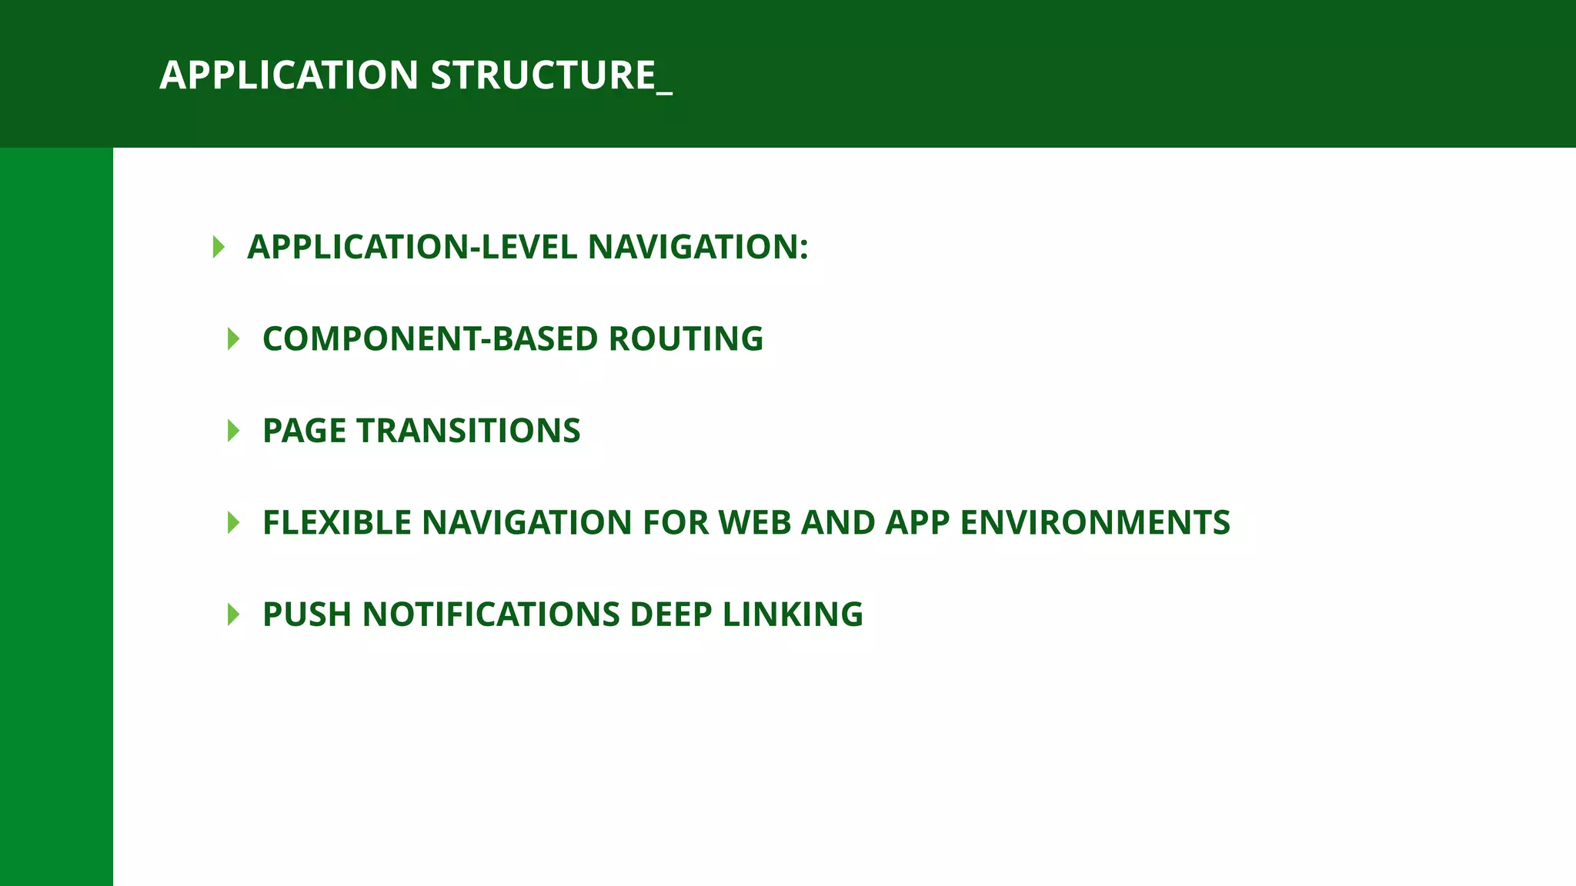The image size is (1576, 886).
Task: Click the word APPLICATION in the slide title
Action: [289, 75]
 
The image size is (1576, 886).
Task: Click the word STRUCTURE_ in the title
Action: [551, 75]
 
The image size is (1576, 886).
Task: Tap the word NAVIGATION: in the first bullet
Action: [698, 247]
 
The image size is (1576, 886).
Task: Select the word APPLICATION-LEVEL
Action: [412, 247]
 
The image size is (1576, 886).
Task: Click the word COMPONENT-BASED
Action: [430, 339]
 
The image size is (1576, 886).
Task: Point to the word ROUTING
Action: [686, 339]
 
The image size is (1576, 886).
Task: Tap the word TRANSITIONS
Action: [468, 431]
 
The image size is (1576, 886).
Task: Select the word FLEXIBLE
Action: [337, 523]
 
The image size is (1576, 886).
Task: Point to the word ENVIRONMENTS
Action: [1095, 523]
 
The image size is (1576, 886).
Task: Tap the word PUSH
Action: [307, 615]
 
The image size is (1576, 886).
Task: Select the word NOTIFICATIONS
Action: [491, 615]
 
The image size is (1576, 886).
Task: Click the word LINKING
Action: [793, 615]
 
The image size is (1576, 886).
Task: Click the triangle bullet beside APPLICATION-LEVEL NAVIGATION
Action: [219, 247]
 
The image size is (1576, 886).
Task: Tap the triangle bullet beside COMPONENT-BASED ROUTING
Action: [234, 339]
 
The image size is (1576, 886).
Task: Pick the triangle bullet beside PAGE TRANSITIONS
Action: [234, 431]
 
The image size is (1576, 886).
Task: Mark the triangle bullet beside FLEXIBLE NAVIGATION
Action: [234, 523]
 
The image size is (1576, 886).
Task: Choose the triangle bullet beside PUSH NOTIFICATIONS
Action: [234, 615]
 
